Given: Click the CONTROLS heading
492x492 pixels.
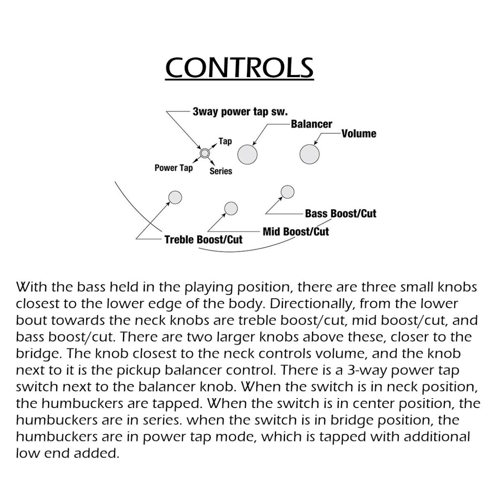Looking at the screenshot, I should coord(239,68).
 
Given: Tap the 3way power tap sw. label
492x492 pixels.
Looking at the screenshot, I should coord(240,112).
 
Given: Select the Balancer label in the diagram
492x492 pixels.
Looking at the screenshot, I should coord(312,124).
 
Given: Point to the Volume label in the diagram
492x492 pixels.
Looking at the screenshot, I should coord(359,134).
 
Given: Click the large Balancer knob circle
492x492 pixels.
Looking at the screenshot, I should coord(248,155).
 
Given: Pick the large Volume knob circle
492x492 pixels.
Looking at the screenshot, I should coord(310,154).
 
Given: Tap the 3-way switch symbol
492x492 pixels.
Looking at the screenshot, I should coord(205,153).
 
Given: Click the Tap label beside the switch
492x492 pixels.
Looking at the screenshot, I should coord(225,141).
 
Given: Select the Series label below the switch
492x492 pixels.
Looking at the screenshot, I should coord(221,171).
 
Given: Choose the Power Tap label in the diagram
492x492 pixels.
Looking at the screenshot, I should coord(173,168).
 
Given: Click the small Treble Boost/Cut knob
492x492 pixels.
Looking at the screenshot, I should coord(175,197).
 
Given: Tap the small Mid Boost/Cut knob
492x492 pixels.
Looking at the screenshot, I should coord(231,208).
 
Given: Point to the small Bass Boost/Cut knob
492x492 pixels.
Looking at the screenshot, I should coord(288,191).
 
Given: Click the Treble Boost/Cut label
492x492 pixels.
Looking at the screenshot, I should coord(203,239).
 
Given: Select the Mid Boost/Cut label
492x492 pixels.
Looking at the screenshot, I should coord(296,232).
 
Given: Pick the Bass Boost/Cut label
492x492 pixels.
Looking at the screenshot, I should coord(340,213).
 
